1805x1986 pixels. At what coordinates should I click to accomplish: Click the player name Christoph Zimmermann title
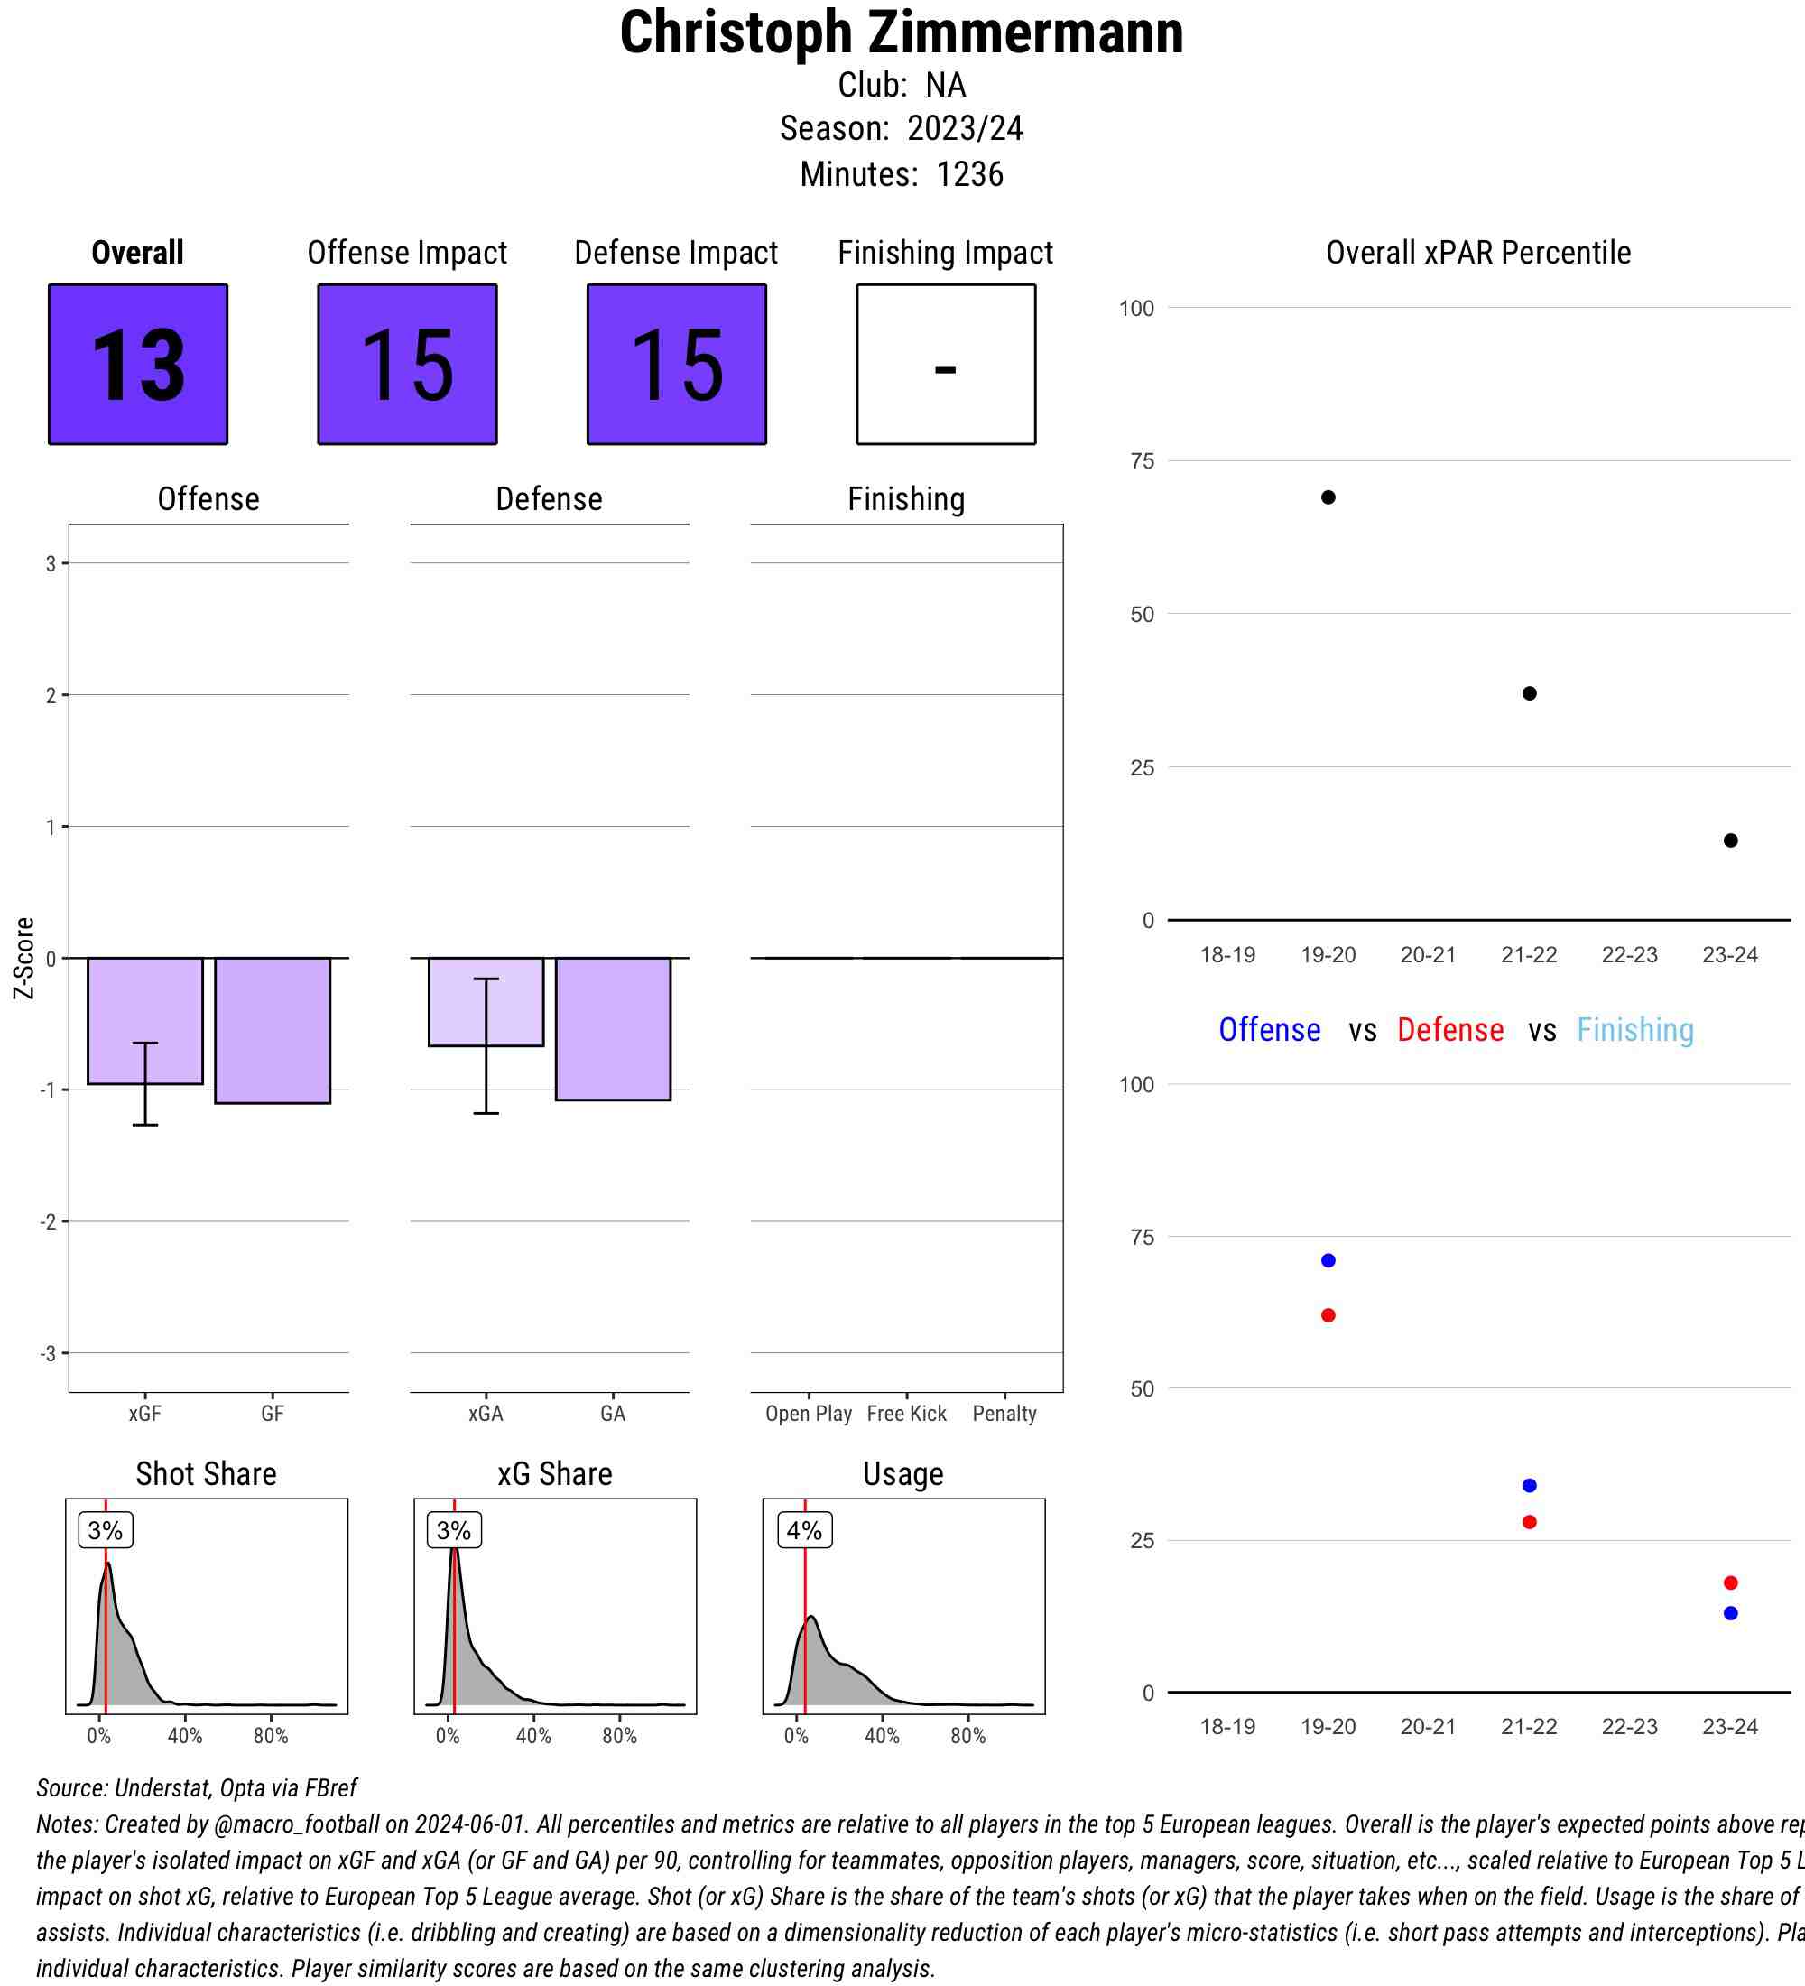(x=901, y=33)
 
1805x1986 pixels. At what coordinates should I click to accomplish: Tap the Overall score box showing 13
(x=138, y=365)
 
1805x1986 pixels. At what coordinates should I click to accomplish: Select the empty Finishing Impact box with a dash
(x=945, y=365)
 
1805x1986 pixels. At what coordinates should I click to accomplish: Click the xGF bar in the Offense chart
(x=144, y=1021)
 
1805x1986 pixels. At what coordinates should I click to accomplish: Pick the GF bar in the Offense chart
(x=273, y=1030)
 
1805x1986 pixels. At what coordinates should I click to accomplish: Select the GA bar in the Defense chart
(x=613, y=1028)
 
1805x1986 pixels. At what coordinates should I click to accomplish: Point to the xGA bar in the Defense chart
(x=486, y=1002)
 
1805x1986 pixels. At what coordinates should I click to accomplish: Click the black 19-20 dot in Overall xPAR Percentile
(x=1328, y=497)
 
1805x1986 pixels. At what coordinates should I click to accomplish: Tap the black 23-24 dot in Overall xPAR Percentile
(x=1730, y=840)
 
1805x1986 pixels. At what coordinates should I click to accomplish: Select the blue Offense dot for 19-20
(x=1328, y=1261)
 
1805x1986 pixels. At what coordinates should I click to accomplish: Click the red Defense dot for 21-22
(x=1529, y=1522)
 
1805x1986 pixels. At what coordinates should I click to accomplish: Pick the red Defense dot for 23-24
(x=1730, y=1583)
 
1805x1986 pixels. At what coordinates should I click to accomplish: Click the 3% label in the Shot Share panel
(x=106, y=1530)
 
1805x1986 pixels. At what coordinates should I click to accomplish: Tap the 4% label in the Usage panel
(x=804, y=1530)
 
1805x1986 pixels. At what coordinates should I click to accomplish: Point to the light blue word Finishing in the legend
(x=1634, y=1030)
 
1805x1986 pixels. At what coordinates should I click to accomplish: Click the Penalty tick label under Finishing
(x=1004, y=1414)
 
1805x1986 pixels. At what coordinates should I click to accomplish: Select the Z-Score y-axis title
(x=24, y=958)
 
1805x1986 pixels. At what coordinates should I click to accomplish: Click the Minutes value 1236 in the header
(x=970, y=174)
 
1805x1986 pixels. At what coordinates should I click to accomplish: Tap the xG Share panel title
(x=554, y=1474)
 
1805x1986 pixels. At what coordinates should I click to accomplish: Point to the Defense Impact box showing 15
(x=677, y=365)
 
